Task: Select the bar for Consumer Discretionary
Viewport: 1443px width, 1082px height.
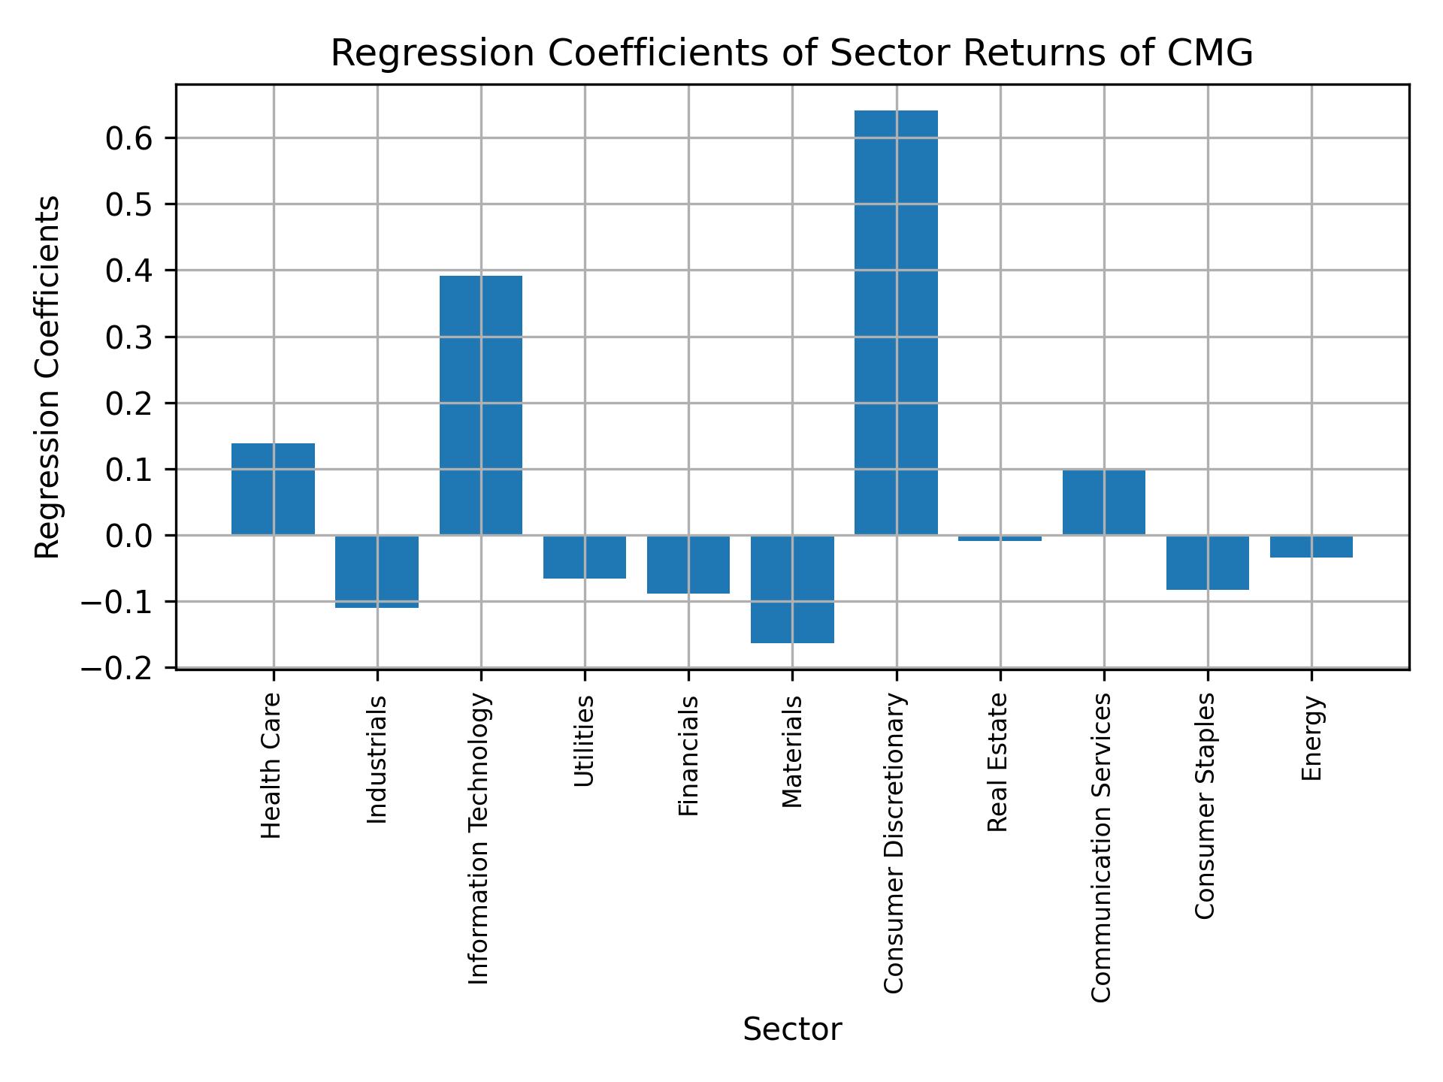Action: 896,323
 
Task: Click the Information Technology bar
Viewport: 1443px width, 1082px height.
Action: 481,406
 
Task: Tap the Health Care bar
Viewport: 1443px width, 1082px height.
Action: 273,489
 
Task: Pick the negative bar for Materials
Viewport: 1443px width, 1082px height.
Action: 792,589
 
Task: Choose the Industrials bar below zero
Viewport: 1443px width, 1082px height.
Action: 377,571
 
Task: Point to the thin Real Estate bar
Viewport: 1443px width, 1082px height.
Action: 1000,538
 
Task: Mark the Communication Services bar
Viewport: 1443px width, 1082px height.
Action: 1103,503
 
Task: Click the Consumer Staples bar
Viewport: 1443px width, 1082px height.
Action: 1207,562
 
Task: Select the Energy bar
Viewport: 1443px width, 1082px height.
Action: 1311,546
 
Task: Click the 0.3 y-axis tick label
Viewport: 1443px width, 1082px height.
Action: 129,337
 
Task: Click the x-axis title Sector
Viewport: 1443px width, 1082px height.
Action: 792,1029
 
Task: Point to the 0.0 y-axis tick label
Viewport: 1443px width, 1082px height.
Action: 129,536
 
